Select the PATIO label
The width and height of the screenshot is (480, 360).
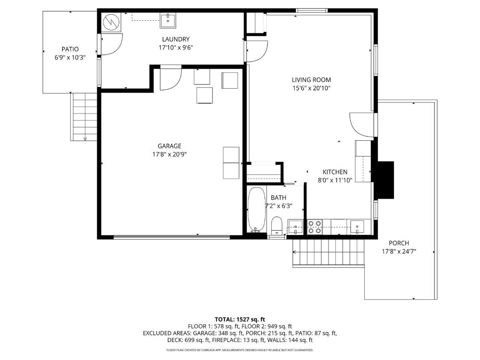click(70, 49)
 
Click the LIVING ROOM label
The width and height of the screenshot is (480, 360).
click(311, 80)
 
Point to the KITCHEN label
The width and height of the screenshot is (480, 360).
click(335, 172)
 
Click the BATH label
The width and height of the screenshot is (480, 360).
click(278, 198)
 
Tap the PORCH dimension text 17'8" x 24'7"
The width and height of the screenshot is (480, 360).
click(399, 252)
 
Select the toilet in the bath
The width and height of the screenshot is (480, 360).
click(277, 225)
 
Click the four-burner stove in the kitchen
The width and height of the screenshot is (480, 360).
click(315, 226)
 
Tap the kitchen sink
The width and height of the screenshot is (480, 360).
click(356, 226)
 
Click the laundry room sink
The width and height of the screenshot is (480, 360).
click(169, 20)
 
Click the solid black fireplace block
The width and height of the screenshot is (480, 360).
click(384, 180)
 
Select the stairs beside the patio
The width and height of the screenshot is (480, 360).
click(84, 117)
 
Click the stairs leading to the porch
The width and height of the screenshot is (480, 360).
click(329, 252)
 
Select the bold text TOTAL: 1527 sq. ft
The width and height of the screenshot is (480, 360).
click(240, 319)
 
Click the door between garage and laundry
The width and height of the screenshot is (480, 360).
click(170, 79)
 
